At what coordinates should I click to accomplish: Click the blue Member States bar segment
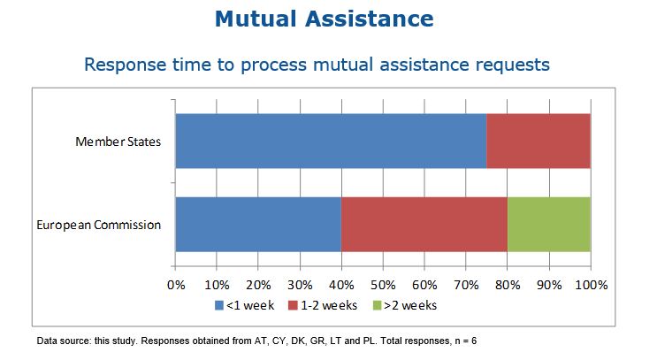[x=331, y=141]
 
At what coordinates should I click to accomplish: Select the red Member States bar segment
[x=538, y=141]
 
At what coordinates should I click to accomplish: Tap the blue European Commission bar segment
[x=258, y=225]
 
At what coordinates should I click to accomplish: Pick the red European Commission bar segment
[x=424, y=225]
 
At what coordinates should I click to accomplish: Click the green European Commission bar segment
[x=548, y=225]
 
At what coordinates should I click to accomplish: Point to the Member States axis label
[x=118, y=142]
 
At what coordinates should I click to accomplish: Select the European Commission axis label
[x=99, y=225]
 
